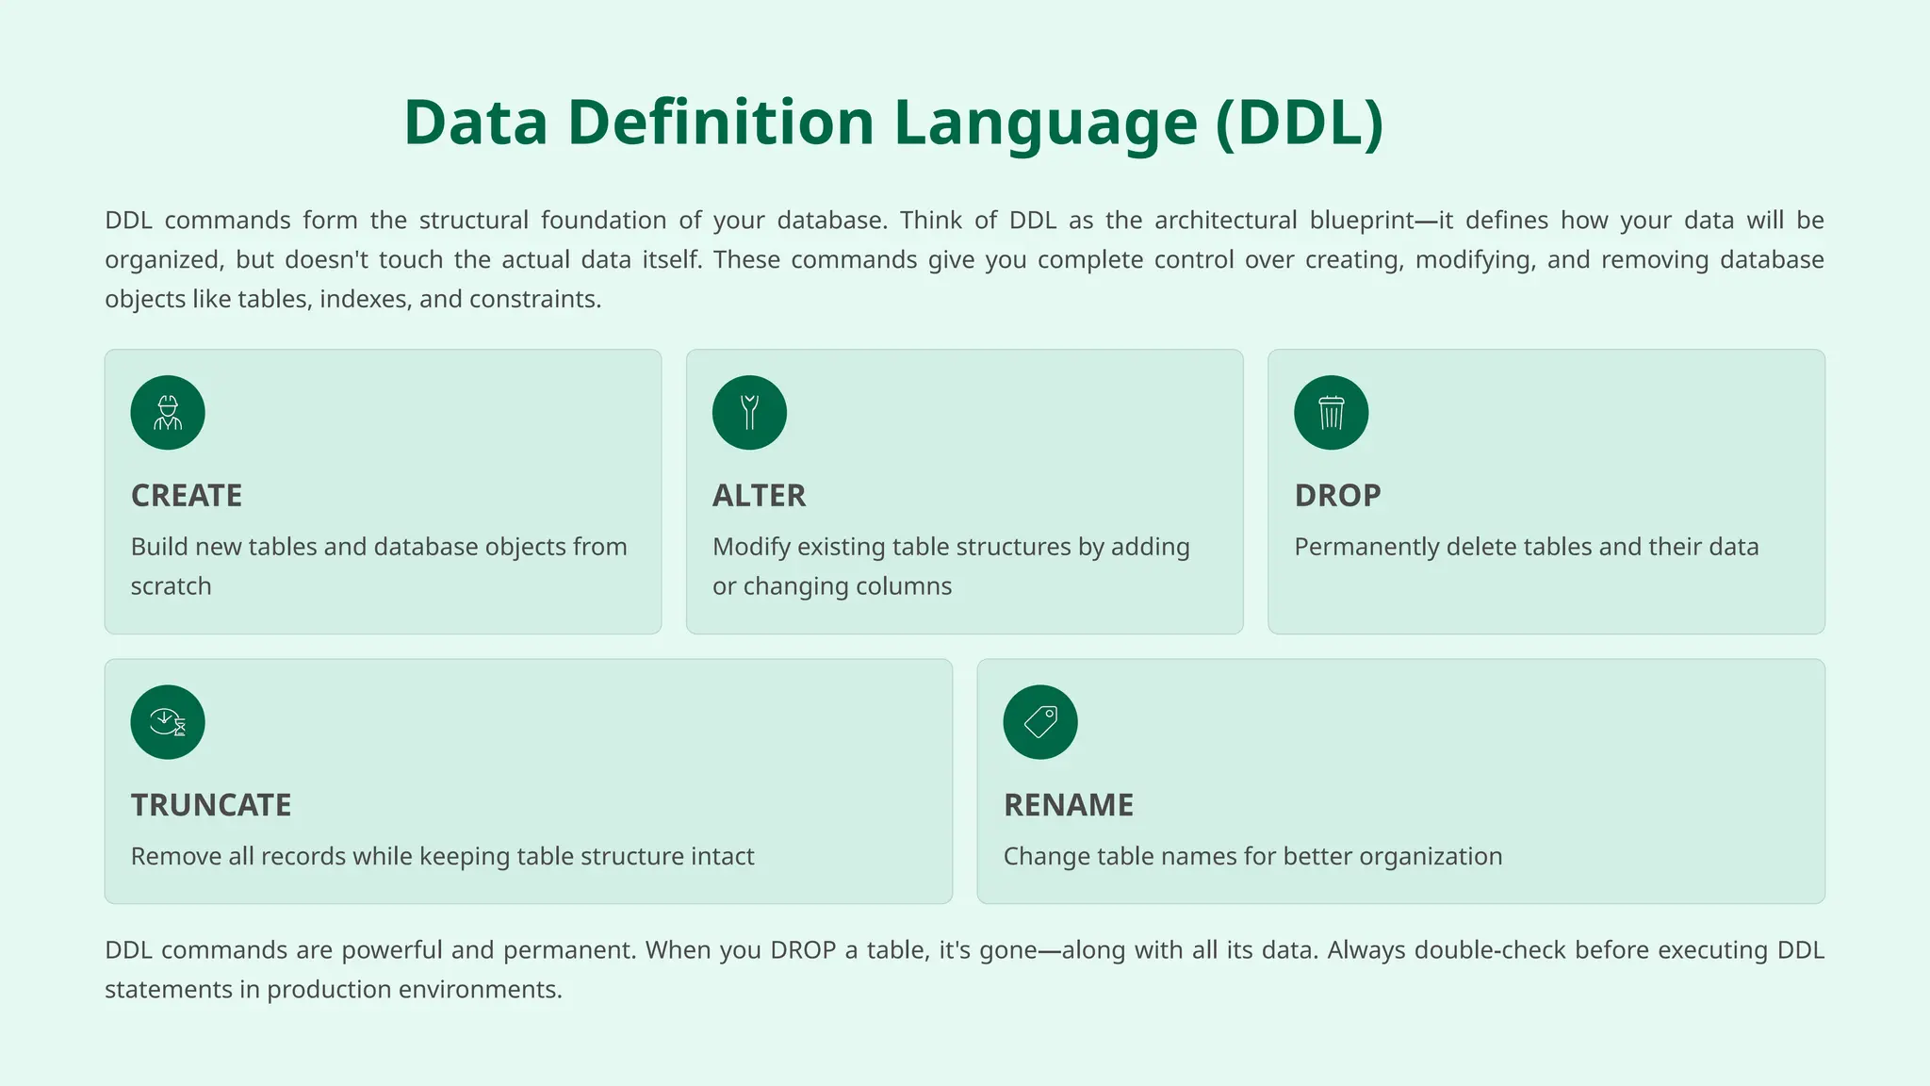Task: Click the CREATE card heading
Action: coord(187,496)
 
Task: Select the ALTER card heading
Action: coord(759,496)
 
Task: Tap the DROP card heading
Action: coord(1337,496)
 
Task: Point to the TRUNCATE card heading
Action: coord(211,805)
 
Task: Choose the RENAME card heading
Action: coord(1069,805)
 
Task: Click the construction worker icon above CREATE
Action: coord(168,413)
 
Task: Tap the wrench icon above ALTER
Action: coord(749,413)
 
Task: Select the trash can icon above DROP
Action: coord(1331,413)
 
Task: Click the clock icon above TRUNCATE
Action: coord(168,722)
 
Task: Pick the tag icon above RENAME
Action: coord(1040,722)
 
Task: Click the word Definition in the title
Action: coord(721,123)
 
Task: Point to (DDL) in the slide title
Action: coord(1300,123)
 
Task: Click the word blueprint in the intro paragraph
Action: coord(1362,221)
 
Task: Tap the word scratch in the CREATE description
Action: coord(171,586)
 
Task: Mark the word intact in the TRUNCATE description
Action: coord(721,857)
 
